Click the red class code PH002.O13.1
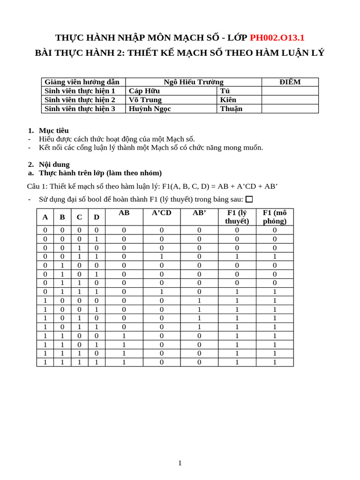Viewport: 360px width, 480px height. [277, 37]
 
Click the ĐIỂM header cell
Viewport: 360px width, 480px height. [290, 82]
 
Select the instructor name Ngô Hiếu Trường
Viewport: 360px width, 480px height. [193, 82]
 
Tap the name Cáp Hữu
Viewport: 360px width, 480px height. [144, 91]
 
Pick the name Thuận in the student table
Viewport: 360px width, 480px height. [231, 109]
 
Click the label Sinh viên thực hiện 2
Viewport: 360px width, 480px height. [80, 100]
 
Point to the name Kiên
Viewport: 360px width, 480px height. [228, 100]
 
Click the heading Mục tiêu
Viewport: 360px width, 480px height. [53, 130]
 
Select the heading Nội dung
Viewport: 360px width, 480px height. [54, 165]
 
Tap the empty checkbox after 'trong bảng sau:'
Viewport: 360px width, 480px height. [249, 199]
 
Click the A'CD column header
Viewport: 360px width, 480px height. [162, 213]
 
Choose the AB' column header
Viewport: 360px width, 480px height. [199, 213]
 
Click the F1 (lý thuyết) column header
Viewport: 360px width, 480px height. [237, 217]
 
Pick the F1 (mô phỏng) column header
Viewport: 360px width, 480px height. [275, 217]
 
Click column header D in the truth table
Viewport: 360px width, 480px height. [97, 217]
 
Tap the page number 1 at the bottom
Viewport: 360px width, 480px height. [180, 463]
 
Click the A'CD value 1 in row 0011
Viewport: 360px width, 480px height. [162, 256]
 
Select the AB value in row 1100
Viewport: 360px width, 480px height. [124, 336]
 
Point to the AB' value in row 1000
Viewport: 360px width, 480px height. [199, 300]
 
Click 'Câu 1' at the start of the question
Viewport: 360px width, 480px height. [37, 186]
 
